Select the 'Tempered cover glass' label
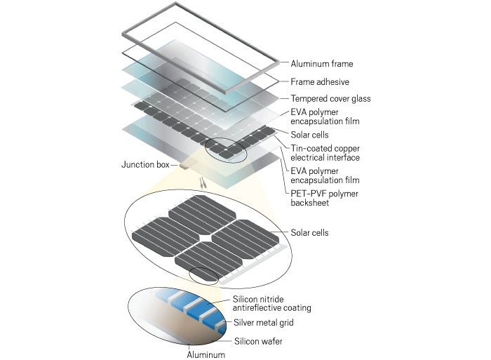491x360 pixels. tap(330, 99)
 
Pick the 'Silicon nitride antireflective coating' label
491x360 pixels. tap(271, 303)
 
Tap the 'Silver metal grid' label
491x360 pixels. tap(264, 323)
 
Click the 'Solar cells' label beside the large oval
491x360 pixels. tap(310, 232)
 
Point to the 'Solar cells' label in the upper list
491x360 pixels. tap(310, 134)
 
